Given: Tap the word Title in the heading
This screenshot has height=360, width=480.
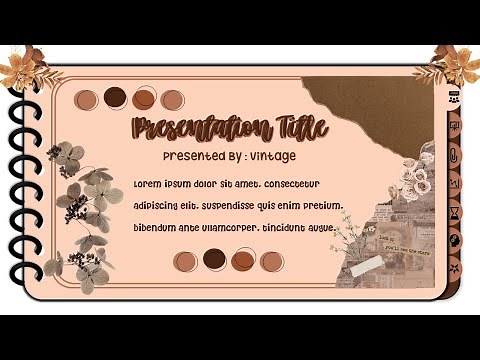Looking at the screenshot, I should coord(297,128).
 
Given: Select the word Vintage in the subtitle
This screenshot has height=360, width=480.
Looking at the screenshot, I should coord(273,156).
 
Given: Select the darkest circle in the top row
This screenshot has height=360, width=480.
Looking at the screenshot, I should coord(115,97).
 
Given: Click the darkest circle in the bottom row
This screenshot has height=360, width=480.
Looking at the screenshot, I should coord(213,259).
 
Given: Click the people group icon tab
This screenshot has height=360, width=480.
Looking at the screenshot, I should coord(454,99).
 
